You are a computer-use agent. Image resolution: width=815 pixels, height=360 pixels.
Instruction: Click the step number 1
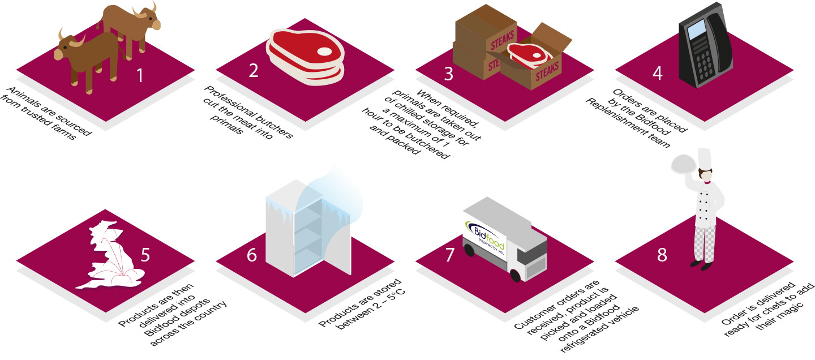tap(140, 75)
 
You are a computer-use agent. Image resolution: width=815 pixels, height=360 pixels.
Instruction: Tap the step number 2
tap(253, 70)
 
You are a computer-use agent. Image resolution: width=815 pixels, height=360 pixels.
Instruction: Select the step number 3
tap(449, 74)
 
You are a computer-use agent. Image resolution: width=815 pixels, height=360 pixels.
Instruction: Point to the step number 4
tap(657, 74)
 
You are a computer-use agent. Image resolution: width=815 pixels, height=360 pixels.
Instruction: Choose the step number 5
tap(145, 255)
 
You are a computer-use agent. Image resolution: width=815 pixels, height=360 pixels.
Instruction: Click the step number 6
tap(252, 255)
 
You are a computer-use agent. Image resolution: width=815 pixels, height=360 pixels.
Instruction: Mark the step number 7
tap(450, 255)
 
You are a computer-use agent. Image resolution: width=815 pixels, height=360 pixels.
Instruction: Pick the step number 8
tap(662, 255)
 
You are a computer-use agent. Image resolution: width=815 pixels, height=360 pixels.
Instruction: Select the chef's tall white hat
tap(705, 158)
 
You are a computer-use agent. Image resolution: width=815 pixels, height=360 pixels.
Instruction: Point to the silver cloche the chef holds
tap(683, 165)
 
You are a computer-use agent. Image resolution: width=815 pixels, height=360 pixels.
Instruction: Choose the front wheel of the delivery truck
tap(514, 276)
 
